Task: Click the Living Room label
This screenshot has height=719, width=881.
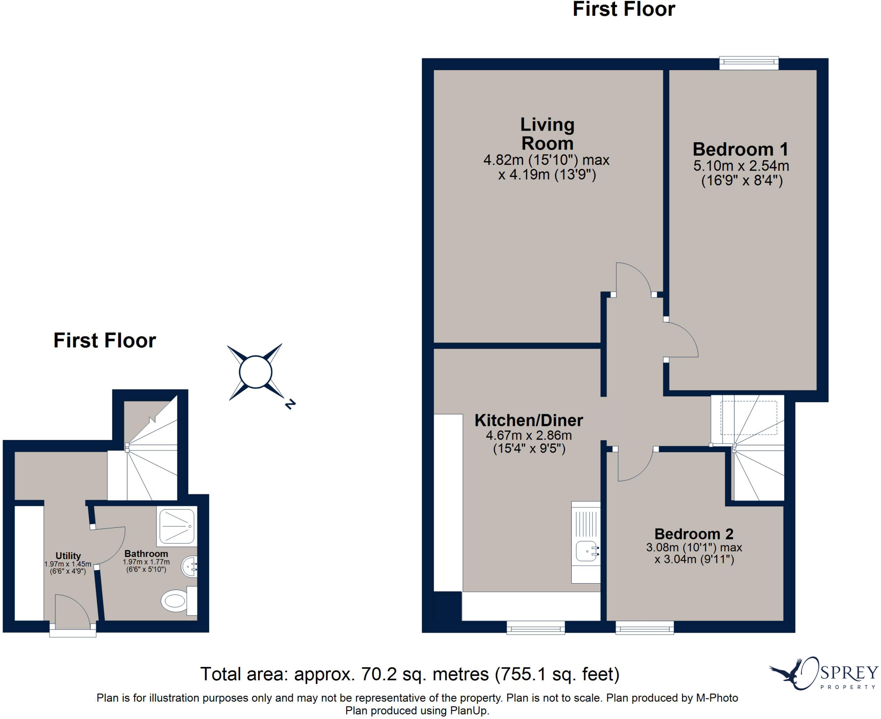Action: click(x=547, y=134)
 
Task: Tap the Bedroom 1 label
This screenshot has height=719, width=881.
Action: click(x=740, y=150)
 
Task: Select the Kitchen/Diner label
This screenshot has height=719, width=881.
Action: click(x=529, y=420)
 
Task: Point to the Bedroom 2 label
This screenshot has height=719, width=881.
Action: click(x=694, y=534)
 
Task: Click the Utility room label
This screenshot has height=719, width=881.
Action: click(x=68, y=556)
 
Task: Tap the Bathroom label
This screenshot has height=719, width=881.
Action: click(x=146, y=554)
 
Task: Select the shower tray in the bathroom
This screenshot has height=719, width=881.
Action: click(x=177, y=526)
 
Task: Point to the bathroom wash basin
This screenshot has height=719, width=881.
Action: click(x=190, y=567)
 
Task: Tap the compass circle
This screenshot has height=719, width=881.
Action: click(x=256, y=372)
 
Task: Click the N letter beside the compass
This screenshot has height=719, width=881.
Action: click(x=290, y=404)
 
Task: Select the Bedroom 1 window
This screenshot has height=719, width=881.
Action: click(x=749, y=63)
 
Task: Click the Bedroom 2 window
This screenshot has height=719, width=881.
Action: click(x=644, y=627)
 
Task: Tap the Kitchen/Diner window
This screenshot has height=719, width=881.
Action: click(x=536, y=627)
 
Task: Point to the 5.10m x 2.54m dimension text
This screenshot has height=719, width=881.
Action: click(x=741, y=166)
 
